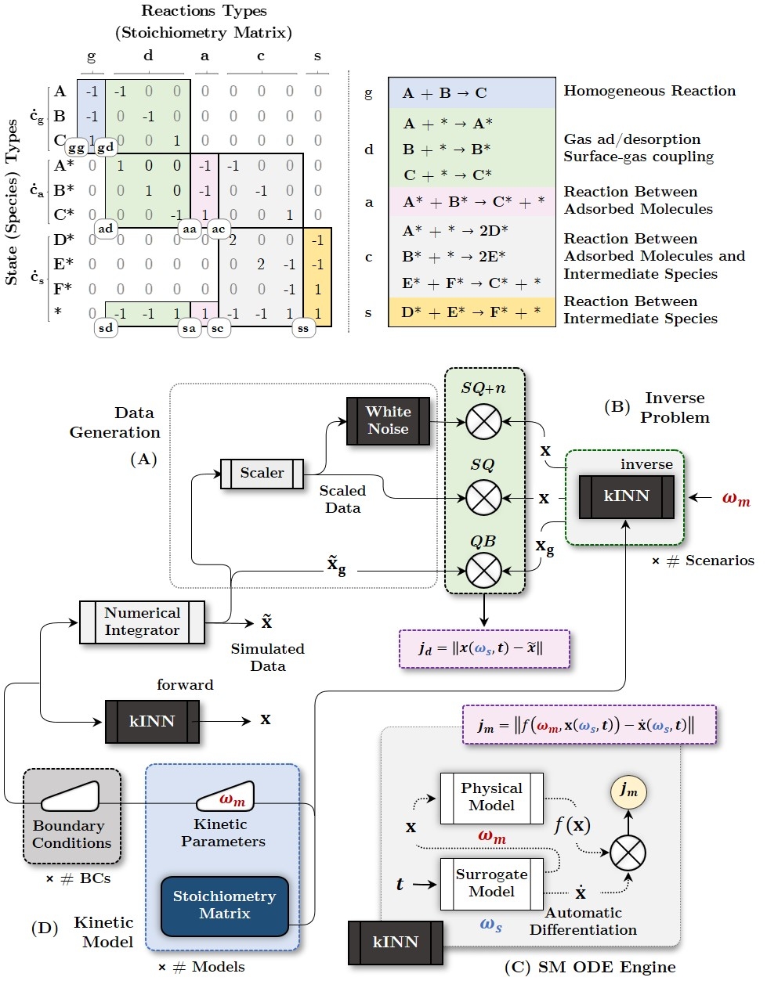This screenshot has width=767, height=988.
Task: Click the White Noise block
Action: (x=389, y=420)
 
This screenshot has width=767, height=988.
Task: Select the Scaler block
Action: (x=262, y=473)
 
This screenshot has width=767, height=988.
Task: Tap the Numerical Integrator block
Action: (x=142, y=622)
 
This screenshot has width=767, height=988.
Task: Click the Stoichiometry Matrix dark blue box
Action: (x=225, y=905)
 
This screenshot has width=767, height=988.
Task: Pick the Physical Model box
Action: (x=491, y=797)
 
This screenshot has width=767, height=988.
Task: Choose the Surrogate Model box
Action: (x=491, y=883)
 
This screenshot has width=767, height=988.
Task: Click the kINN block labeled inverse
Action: (x=626, y=496)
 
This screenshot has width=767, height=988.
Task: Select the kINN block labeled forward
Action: (x=152, y=721)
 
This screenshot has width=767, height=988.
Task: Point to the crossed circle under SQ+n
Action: (x=483, y=421)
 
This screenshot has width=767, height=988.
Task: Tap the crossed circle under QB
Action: (x=483, y=570)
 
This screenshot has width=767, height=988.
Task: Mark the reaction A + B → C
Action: (x=445, y=93)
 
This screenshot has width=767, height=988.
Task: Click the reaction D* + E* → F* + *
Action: (x=472, y=312)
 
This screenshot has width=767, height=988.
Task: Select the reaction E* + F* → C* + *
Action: (x=472, y=283)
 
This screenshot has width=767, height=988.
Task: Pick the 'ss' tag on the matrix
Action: (x=303, y=329)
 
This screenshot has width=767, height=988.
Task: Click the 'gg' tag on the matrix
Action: (x=77, y=147)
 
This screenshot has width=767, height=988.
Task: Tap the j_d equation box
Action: (x=483, y=648)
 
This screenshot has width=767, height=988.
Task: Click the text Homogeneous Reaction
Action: (x=649, y=91)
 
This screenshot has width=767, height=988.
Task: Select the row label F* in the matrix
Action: (x=63, y=288)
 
